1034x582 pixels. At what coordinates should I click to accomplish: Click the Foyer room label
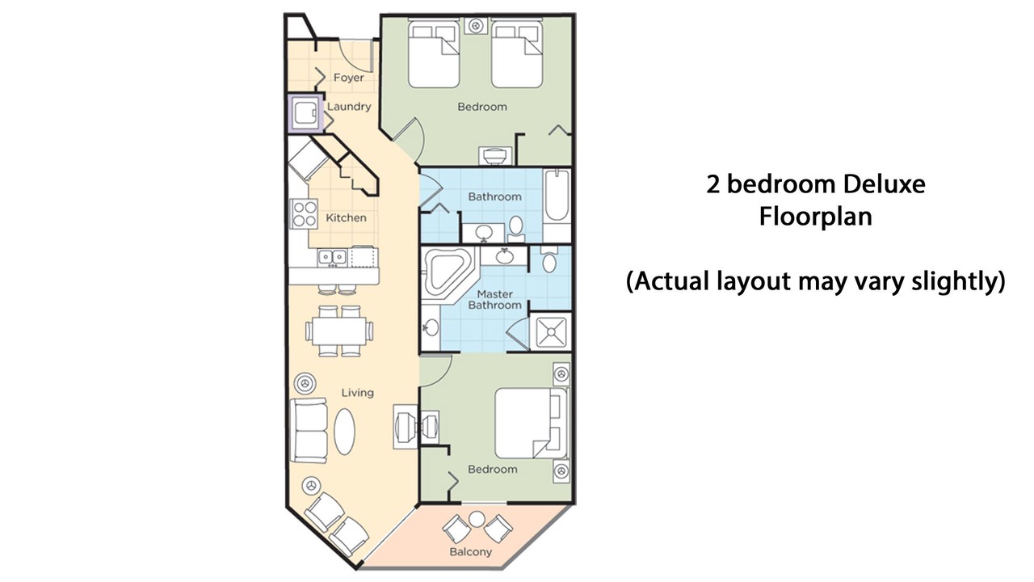348,78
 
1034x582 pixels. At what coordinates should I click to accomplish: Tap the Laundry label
349,107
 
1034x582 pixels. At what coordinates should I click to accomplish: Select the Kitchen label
347,217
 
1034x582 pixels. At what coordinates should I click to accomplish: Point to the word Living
358,393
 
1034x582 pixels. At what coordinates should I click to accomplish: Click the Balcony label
471,551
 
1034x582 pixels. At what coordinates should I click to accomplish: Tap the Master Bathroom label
495,299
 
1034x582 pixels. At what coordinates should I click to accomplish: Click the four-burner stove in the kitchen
304,214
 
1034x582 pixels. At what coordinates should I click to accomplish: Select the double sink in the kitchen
332,257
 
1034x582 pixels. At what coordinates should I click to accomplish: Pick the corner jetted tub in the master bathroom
447,272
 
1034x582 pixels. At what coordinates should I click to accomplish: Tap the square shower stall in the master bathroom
550,331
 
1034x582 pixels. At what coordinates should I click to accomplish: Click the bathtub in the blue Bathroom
557,196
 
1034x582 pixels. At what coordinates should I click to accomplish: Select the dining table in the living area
339,331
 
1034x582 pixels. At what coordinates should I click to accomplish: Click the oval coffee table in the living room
344,432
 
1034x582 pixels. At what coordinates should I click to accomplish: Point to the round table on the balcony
477,519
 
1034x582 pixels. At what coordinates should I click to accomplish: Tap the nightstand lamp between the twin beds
476,25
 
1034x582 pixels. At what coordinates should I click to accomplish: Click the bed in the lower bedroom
532,424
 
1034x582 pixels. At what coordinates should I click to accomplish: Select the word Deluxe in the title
884,184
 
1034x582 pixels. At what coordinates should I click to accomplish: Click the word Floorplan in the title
816,216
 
